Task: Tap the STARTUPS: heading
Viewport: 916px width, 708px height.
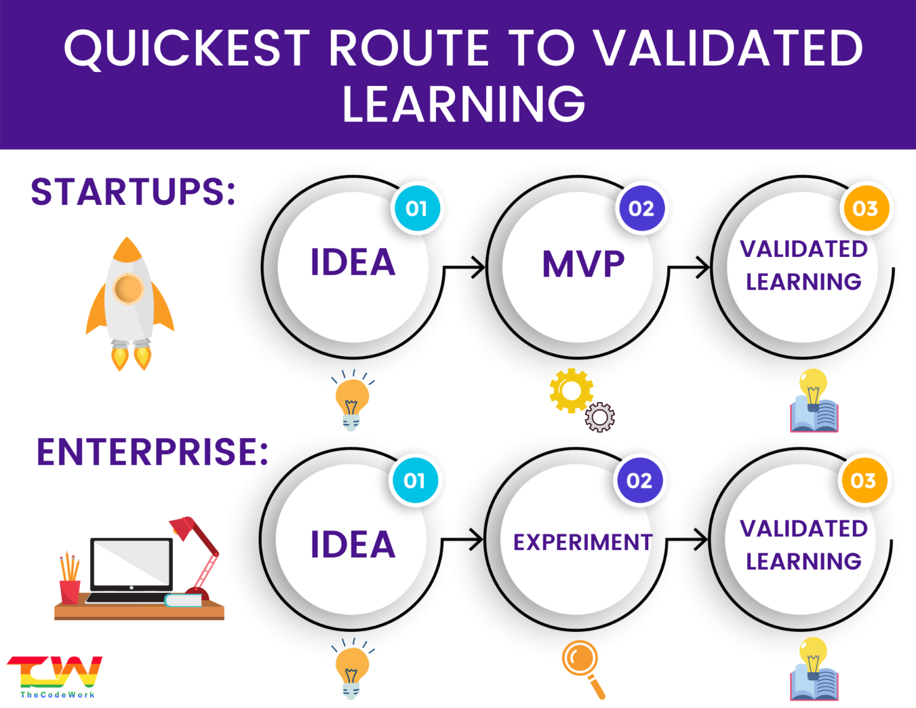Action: click(x=134, y=192)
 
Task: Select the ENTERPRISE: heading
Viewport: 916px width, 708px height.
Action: click(x=153, y=452)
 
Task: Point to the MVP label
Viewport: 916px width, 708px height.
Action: click(x=583, y=264)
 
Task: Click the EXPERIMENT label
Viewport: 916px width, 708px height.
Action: click(x=583, y=542)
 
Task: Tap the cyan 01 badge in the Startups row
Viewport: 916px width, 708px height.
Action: click(x=416, y=209)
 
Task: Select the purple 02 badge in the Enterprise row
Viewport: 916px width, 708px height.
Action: click(x=639, y=480)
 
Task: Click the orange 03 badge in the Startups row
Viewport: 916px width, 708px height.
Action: click(x=865, y=209)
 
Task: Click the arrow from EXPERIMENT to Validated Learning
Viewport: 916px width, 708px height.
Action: click(x=688, y=540)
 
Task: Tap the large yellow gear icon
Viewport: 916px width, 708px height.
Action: click(x=571, y=391)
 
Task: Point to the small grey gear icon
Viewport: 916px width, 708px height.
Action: click(x=600, y=417)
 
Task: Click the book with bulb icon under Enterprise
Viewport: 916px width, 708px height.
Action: click(x=814, y=670)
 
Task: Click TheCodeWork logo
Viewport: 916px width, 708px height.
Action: click(x=55, y=677)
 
